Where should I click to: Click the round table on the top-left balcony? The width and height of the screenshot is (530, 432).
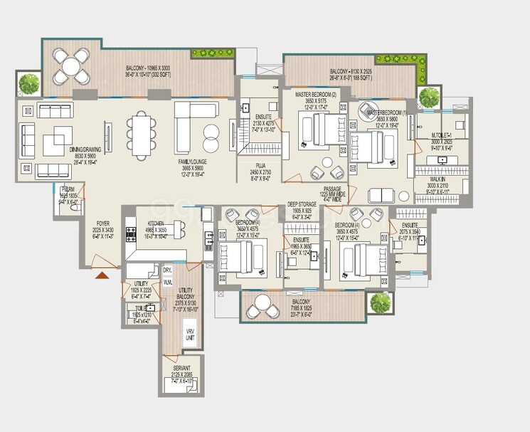pyautogui.click(x=71, y=68)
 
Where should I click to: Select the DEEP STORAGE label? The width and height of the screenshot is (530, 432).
pyautogui.click(x=302, y=205)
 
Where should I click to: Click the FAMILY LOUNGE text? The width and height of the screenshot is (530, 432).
pyautogui.click(x=193, y=162)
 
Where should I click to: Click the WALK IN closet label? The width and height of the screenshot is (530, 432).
pyautogui.click(x=436, y=180)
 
